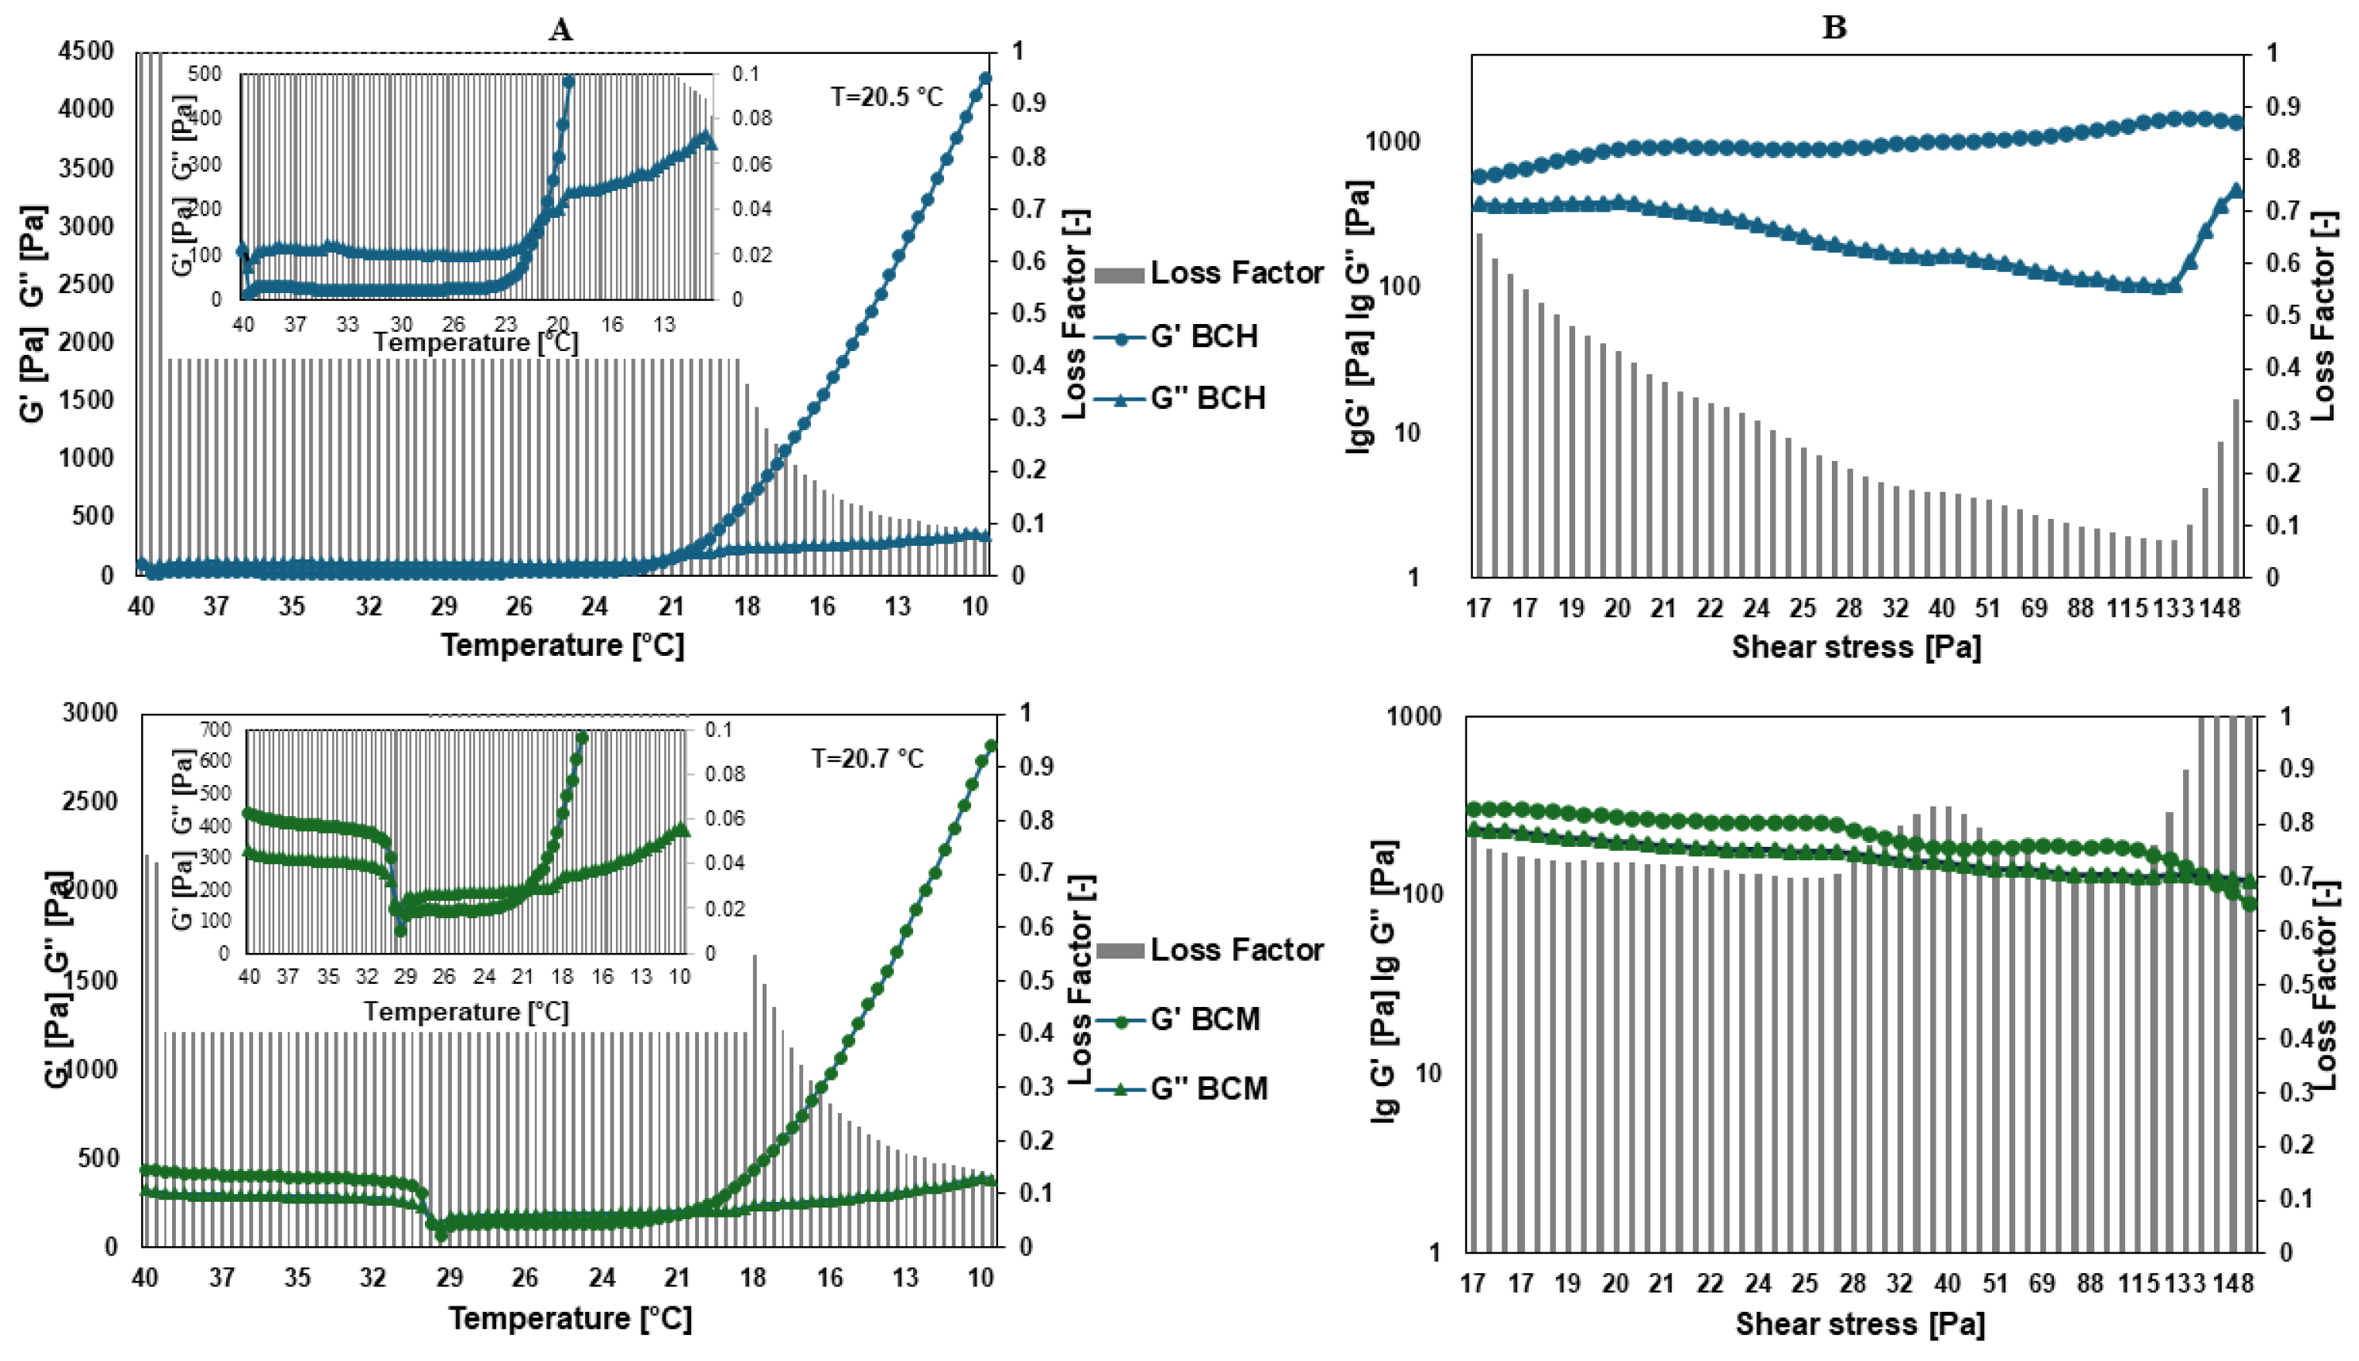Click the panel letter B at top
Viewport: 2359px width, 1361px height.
pyautogui.click(x=1833, y=28)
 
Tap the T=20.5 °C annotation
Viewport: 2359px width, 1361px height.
pyautogui.click(x=886, y=97)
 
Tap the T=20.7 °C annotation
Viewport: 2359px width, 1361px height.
pyautogui.click(x=866, y=758)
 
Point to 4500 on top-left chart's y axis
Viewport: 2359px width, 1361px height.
pyautogui.click(x=86, y=51)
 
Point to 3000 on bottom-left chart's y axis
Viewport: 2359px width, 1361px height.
pyautogui.click(x=90, y=712)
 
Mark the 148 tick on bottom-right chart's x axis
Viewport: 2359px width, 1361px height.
pyautogui.click(x=2233, y=1283)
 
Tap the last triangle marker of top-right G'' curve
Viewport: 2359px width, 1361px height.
pyautogui.click(x=2235, y=191)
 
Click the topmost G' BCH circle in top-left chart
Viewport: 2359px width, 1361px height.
pyautogui.click(x=985, y=79)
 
